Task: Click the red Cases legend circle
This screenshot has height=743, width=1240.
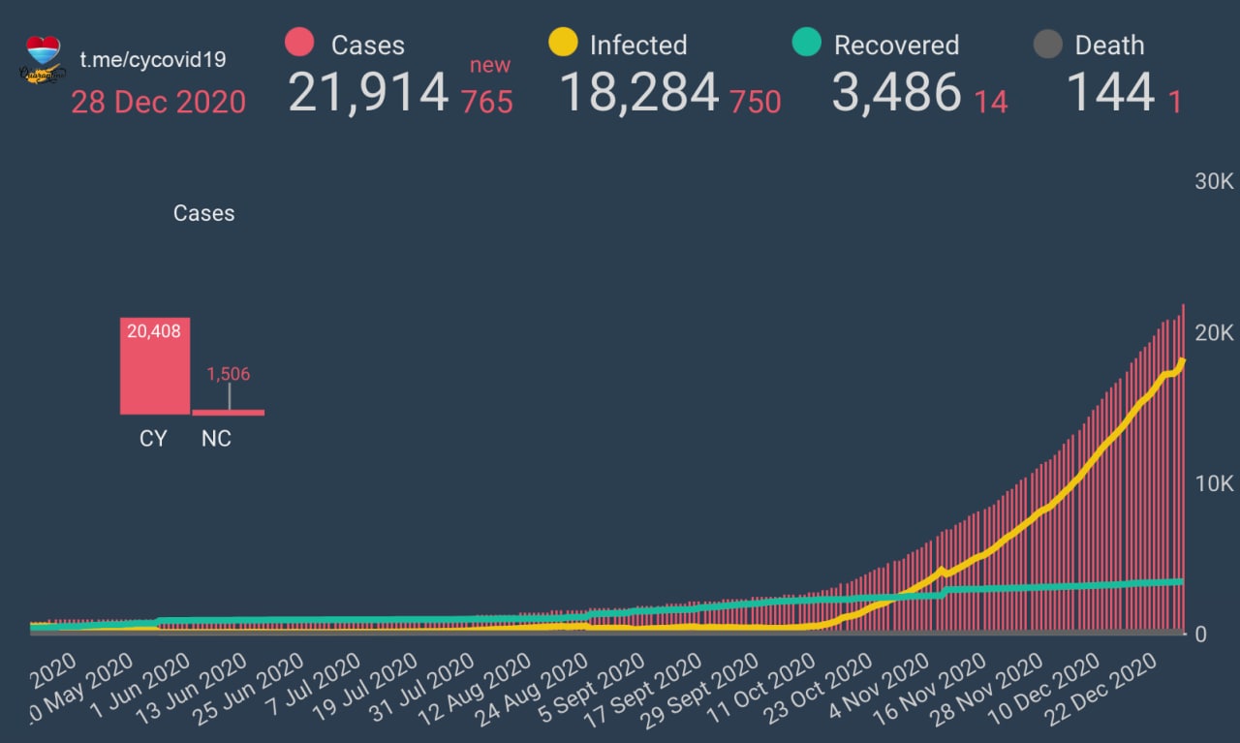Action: [x=300, y=44]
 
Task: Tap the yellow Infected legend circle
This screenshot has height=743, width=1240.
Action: [x=563, y=44]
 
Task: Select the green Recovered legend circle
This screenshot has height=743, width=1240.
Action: [x=806, y=44]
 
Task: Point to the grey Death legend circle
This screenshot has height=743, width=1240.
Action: [x=1048, y=44]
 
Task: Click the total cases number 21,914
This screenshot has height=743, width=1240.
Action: [x=368, y=93]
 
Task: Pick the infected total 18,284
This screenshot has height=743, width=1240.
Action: [x=639, y=93]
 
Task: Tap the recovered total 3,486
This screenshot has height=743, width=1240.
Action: [x=896, y=93]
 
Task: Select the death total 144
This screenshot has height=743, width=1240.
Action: [x=1110, y=93]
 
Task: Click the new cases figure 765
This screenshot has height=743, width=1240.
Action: [x=487, y=101]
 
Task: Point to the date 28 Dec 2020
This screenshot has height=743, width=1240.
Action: [x=158, y=101]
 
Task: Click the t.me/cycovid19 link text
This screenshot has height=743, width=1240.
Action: [x=153, y=59]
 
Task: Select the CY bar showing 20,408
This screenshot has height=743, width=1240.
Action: [x=155, y=366]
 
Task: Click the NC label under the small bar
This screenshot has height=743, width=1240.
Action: [x=216, y=439]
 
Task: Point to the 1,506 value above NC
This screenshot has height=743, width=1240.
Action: [x=229, y=374]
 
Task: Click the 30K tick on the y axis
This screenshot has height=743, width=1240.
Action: [x=1213, y=182]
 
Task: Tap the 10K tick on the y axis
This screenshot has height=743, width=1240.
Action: [x=1213, y=483]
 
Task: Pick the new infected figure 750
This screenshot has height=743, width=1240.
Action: [x=756, y=101]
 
